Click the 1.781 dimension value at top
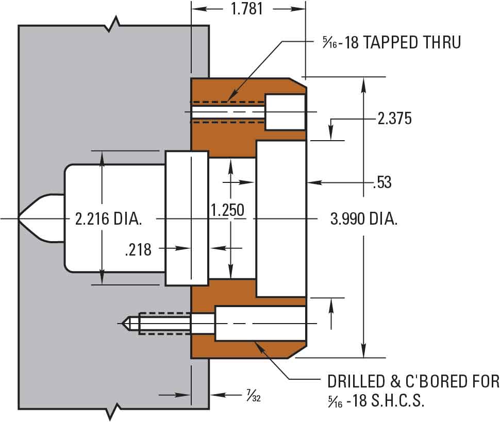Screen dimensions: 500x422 click(x=247, y=9)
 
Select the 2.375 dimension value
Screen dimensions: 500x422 click(x=395, y=118)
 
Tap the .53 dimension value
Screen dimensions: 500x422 click(x=382, y=182)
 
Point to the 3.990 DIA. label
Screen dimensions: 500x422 click(x=364, y=219)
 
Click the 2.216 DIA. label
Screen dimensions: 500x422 click(x=108, y=219)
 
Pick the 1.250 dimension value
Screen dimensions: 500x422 click(x=228, y=210)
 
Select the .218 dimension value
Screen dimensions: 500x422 click(x=138, y=249)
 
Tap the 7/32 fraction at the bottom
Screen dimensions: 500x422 click(x=254, y=395)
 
